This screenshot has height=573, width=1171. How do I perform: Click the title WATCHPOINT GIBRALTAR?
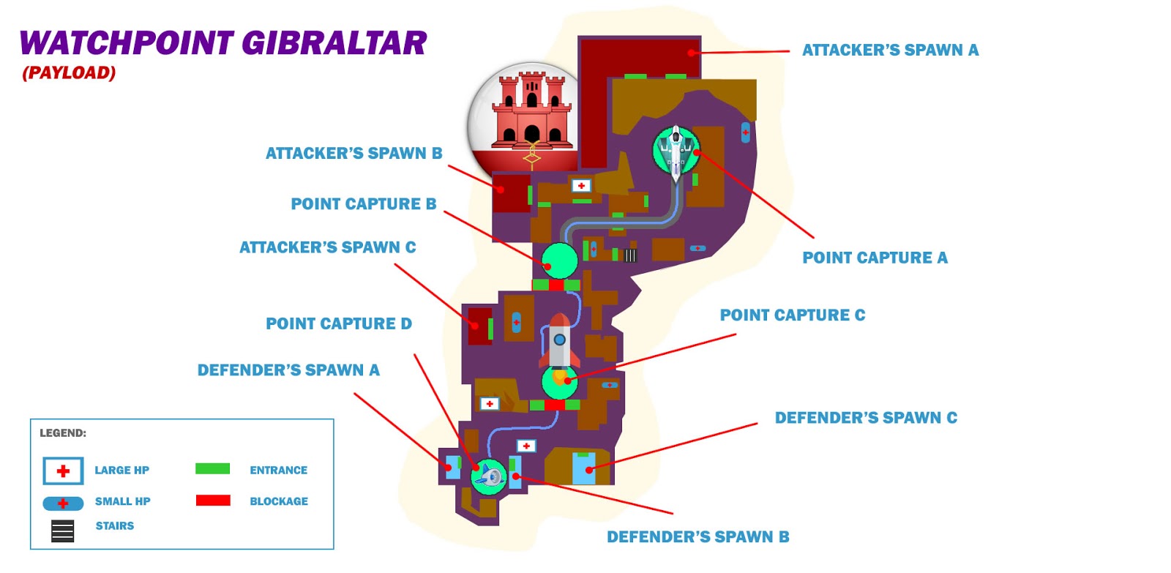coord(222,43)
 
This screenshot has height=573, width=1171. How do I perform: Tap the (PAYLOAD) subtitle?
coord(69,72)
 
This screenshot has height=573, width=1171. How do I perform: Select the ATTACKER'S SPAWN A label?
coord(890,50)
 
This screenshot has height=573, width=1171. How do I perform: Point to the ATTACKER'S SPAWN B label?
coord(353,153)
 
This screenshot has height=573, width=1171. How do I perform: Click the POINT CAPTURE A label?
coord(875,258)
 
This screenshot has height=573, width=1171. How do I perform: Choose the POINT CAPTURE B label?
coord(363,203)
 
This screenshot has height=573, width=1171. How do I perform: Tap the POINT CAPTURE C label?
coord(792,315)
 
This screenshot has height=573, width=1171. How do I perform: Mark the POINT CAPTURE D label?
coord(338,323)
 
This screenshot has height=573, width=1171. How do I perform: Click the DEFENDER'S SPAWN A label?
coord(288,370)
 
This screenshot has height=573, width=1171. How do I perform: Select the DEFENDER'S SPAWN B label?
coord(697,536)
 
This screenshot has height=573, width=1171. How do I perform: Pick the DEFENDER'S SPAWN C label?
coord(866,417)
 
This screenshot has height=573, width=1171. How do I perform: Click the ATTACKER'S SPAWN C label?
coord(327,247)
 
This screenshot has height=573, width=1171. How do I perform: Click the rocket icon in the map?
coord(560,342)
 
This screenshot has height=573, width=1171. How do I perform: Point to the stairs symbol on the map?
coord(630,255)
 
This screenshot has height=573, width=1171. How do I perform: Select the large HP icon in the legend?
coord(63,471)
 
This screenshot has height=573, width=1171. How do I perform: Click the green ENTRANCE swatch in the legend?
coord(212,468)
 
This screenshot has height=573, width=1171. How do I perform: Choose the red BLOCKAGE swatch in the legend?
coord(212,501)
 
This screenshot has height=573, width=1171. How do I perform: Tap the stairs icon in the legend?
coord(63,531)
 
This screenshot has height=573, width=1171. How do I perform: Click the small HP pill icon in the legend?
coord(63,503)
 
